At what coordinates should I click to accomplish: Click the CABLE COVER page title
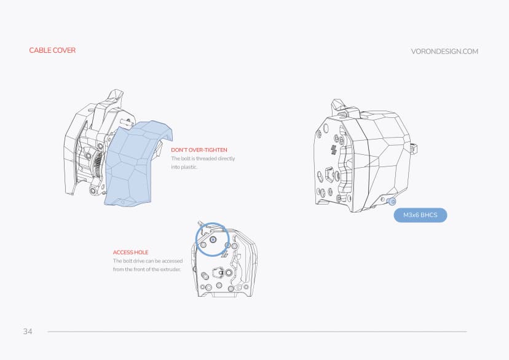click(x=52, y=50)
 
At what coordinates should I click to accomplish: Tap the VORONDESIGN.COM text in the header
click(x=444, y=52)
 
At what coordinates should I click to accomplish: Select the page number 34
click(x=28, y=332)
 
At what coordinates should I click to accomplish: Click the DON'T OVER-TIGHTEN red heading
click(x=199, y=150)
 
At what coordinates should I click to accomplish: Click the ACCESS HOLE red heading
click(x=130, y=252)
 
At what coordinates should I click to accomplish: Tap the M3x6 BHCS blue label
click(x=420, y=216)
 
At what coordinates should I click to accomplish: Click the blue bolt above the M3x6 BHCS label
click(x=392, y=201)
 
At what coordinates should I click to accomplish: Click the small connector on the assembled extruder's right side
click(x=414, y=147)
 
